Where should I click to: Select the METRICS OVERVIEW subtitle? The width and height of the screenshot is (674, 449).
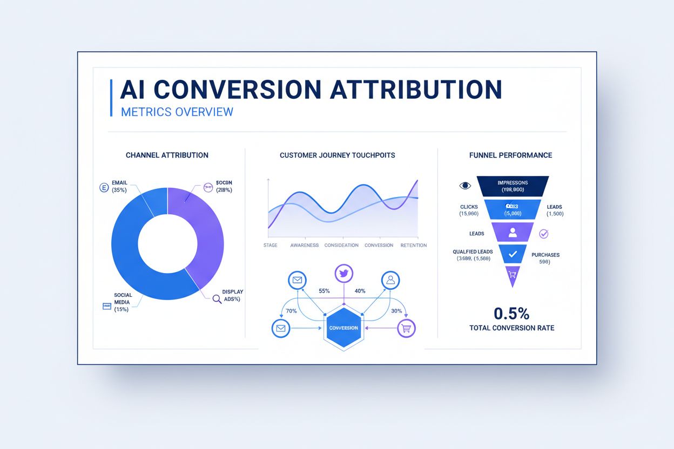(177, 112)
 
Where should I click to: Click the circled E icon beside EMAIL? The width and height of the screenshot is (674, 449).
(104, 188)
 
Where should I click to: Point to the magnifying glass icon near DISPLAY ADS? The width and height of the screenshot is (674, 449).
(217, 298)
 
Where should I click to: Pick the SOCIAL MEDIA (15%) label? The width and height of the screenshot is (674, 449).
(123, 302)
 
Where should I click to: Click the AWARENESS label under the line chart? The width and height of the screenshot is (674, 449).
(304, 245)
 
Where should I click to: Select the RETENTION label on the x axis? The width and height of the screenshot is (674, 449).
(414, 245)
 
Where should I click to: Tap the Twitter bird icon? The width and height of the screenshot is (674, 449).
(343, 273)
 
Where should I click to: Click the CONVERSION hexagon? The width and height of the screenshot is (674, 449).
(343, 328)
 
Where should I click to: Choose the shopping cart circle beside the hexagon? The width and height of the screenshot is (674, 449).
(406, 328)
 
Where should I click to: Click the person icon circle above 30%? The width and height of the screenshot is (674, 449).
(390, 280)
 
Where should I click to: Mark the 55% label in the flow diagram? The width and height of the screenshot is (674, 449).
(324, 291)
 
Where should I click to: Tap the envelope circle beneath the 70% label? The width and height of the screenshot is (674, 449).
(280, 328)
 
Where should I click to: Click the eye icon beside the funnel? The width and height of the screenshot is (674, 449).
(465, 186)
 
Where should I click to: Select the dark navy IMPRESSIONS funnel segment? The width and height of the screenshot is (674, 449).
(513, 186)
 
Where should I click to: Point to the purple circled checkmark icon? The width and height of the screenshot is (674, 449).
(544, 234)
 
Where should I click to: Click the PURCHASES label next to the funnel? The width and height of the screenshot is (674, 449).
(545, 255)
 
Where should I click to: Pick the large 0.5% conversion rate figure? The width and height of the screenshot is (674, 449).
(511, 313)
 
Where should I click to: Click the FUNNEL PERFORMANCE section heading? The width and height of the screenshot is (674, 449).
(511, 155)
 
